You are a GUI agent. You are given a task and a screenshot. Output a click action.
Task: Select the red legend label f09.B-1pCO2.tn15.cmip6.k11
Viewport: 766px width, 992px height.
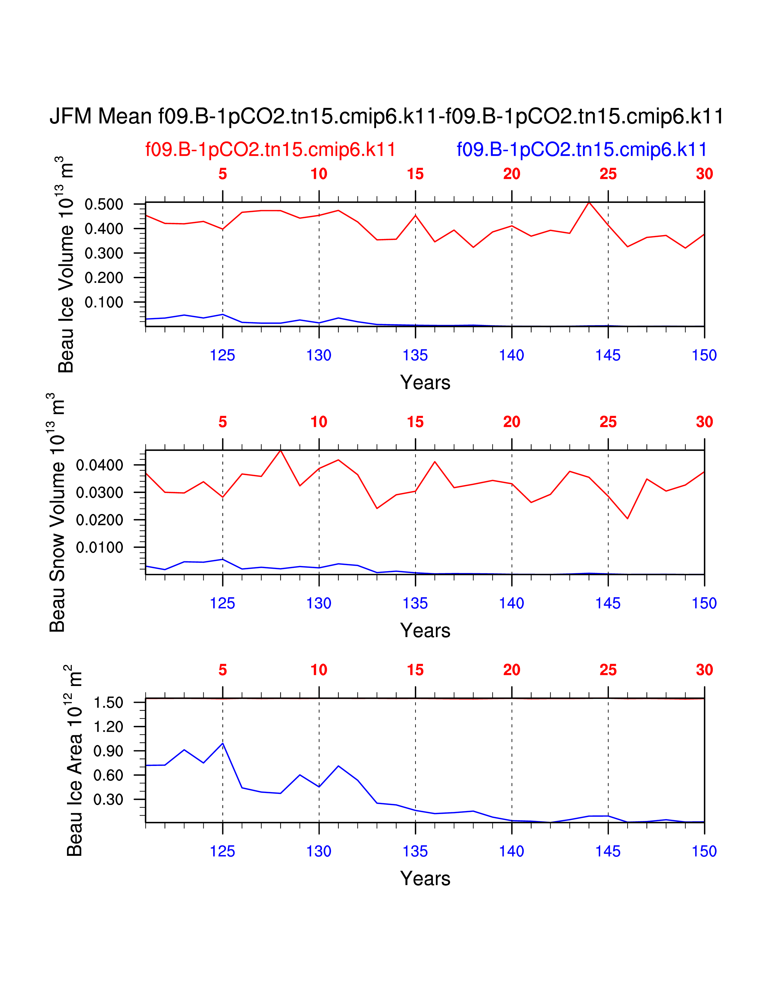[270, 149]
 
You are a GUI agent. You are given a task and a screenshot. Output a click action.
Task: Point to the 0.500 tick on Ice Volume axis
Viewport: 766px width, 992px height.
[104, 204]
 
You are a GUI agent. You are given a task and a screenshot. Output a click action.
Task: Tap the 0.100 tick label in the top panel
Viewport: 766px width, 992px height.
[104, 302]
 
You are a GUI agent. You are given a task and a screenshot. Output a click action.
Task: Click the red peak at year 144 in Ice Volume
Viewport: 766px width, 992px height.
[589, 202]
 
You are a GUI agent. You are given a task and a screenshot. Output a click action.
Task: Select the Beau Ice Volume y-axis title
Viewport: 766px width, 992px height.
[66, 265]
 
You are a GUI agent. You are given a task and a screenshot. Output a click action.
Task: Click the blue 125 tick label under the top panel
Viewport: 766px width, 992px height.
[222, 355]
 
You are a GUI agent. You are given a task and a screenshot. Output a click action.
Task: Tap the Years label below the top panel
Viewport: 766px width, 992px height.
[425, 382]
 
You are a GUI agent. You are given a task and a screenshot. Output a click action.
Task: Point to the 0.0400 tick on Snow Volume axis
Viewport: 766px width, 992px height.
[99, 465]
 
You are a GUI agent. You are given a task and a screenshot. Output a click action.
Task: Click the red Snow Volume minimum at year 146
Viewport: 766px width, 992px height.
[628, 518]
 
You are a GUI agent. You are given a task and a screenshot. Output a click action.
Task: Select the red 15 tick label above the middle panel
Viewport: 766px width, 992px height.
[415, 422]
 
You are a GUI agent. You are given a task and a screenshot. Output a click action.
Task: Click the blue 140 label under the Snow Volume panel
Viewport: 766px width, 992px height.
[512, 603]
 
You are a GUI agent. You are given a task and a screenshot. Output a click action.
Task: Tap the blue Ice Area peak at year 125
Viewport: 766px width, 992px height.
[222, 743]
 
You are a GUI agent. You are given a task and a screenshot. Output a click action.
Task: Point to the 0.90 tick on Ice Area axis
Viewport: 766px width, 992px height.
[108, 751]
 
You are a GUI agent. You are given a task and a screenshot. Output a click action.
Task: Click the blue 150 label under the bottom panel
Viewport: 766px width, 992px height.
[704, 851]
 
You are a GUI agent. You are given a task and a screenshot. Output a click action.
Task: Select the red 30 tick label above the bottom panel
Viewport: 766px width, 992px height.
[704, 670]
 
